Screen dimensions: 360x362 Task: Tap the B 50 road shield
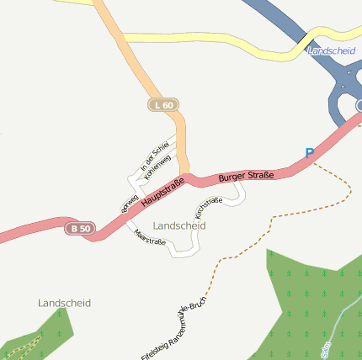coord(81,228)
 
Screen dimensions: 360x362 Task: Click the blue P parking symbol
coord(309,154)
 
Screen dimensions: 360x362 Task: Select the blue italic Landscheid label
coord(332,51)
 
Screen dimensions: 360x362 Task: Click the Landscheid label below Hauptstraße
coord(179,225)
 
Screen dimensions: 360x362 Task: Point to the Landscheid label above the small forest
coord(64,302)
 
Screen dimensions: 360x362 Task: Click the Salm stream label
coord(327,347)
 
